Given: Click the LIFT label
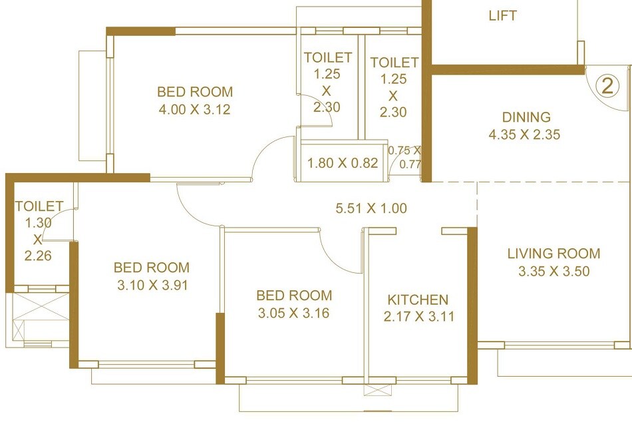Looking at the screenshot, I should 502,16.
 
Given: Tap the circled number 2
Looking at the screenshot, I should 606,85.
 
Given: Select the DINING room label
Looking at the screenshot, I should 527,117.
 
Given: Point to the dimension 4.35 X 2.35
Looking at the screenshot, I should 524,134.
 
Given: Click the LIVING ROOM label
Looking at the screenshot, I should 553,254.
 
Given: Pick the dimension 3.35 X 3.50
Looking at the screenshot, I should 553,271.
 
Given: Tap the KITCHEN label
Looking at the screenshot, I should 418,300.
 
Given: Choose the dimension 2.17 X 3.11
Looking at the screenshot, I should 418,317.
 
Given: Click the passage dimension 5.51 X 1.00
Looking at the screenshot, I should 371,208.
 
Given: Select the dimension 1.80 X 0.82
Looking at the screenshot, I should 343,162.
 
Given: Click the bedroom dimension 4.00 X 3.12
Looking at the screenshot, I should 194,110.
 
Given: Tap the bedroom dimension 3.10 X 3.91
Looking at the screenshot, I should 151,285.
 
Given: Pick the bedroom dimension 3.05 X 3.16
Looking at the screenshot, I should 294,313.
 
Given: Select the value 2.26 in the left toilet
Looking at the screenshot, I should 38,255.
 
